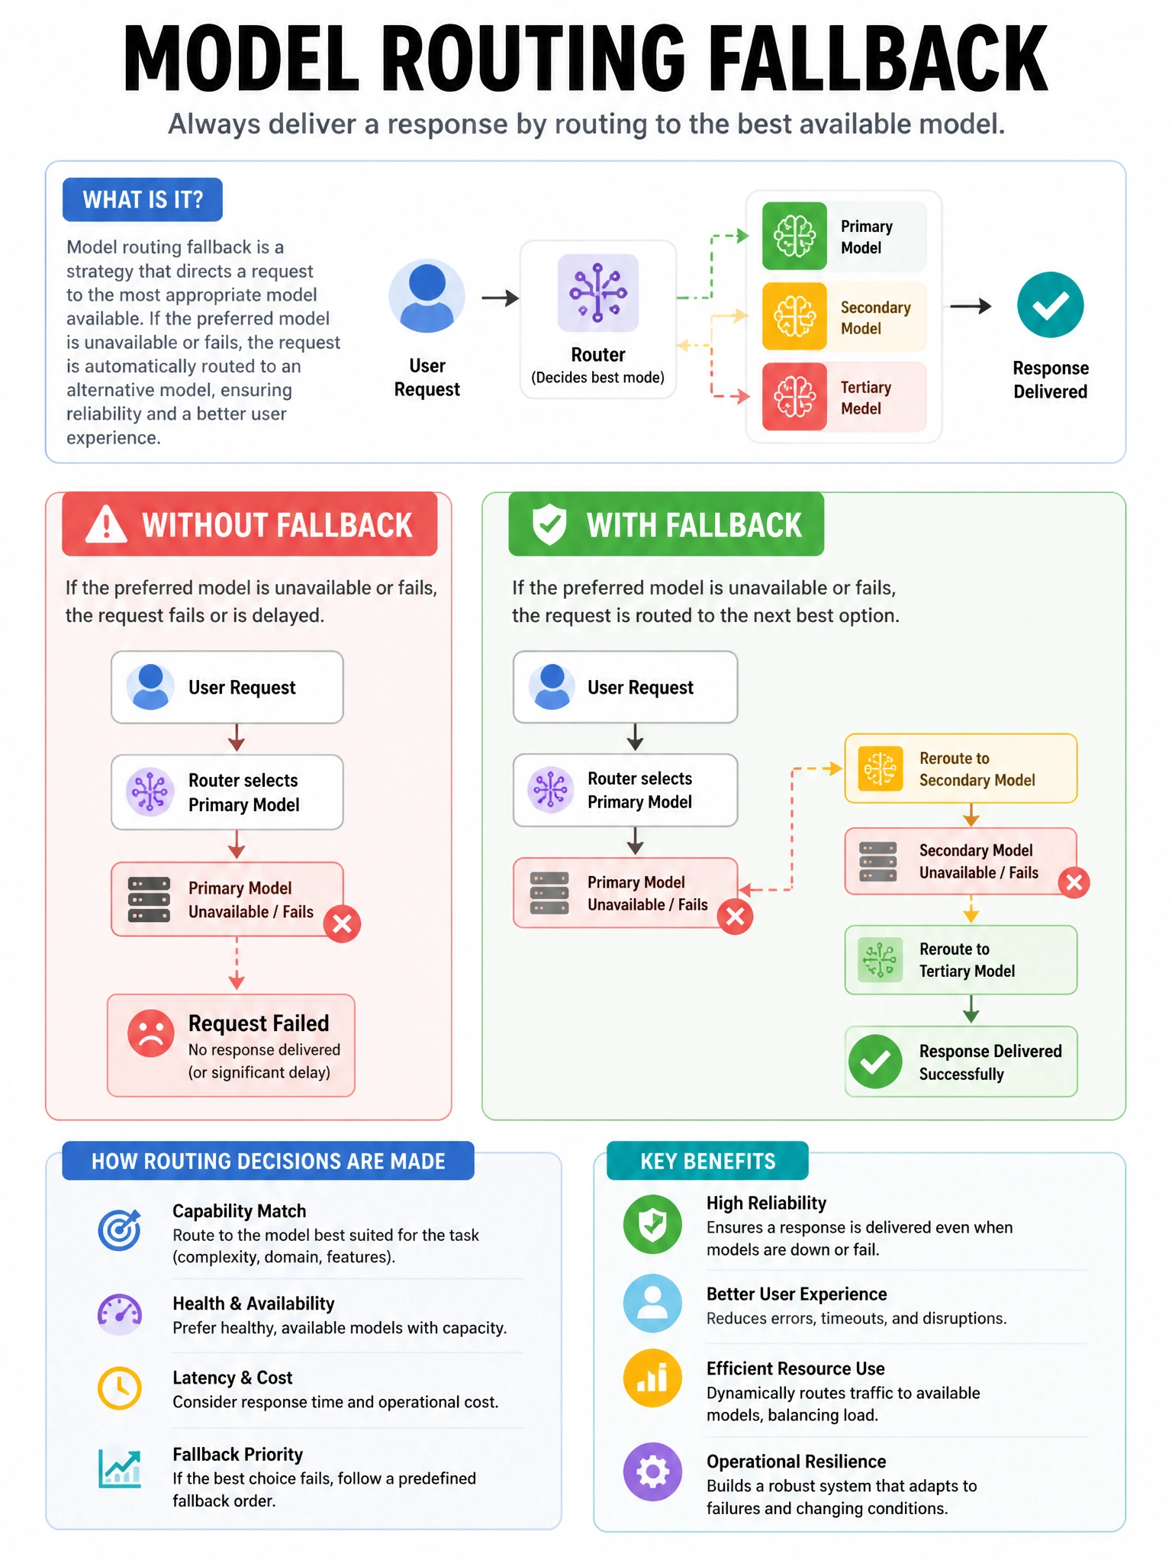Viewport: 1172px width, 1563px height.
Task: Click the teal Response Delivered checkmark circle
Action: tap(1050, 305)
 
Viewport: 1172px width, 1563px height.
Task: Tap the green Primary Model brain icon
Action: tap(794, 236)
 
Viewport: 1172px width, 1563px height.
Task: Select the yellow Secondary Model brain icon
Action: tap(794, 316)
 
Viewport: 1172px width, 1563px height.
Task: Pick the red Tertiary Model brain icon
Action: tap(794, 397)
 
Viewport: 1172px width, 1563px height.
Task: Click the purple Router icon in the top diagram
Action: tap(598, 293)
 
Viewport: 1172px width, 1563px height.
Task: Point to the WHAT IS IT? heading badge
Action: tap(143, 200)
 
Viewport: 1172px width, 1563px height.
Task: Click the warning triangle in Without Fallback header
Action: tap(106, 524)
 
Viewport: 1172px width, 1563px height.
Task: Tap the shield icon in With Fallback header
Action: tap(549, 524)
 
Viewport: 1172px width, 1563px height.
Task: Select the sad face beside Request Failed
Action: tap(151, 1033)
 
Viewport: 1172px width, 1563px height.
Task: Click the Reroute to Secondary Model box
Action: tap(961, 769)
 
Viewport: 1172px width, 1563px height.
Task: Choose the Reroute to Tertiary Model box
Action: tap(961, 960)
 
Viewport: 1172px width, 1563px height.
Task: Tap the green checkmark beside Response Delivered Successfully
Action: tap(875, 1062)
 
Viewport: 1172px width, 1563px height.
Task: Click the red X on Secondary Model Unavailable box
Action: tap(1074, 883)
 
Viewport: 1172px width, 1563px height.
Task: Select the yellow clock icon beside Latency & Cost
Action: tap(120, 1387)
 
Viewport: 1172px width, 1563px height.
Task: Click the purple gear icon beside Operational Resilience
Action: tap(652, 1471)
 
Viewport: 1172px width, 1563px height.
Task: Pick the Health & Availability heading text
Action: tap(253, 1304)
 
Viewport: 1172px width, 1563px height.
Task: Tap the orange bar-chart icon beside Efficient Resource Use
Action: tap(652, 1378)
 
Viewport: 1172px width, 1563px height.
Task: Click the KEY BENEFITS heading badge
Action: tap(707, 1161)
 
